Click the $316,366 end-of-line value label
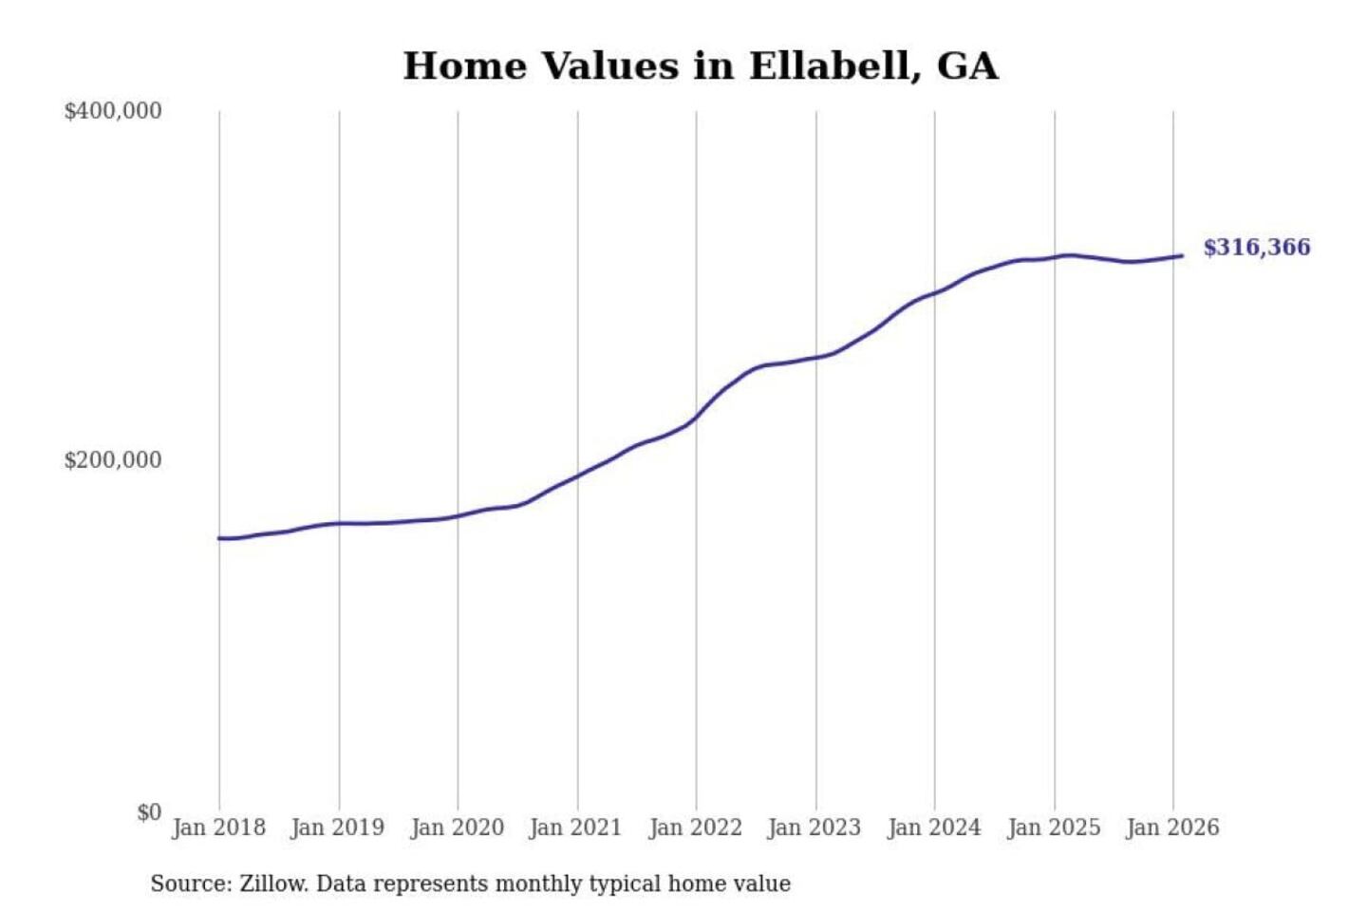pos(1256,248)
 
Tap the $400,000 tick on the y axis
pos(113,111)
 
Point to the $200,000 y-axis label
pos(113,460)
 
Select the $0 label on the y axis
pos(149,812)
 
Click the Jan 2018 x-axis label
pos(218,827)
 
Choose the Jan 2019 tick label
pos(337,827)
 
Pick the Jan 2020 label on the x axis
pos(457,827)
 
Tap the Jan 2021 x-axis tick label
pos(575,827)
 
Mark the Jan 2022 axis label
pos(695,827)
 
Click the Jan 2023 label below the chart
pos(814,827)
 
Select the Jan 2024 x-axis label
pos(933,827)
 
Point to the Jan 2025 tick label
pos(1053,827)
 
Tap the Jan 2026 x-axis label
pos(1171,827)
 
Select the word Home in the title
pos(464,66)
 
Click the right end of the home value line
pos(1182,255)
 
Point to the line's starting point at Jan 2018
pos(219,538)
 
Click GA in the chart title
pos(967,66)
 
